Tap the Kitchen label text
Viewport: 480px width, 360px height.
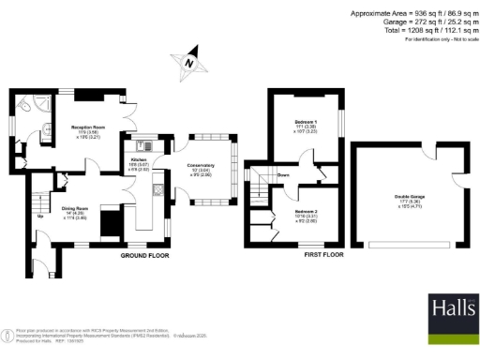click(139, 160)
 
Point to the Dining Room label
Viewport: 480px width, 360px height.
click(75, 208)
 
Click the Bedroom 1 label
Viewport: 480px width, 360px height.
click(305, 123)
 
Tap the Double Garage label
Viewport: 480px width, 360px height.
click(407, 196)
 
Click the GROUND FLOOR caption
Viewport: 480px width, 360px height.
click(145, 254)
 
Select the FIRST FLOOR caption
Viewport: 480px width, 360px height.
click(321, 254)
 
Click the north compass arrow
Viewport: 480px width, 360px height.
click(190, 59)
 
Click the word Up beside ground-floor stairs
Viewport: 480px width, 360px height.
click(39, 217)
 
